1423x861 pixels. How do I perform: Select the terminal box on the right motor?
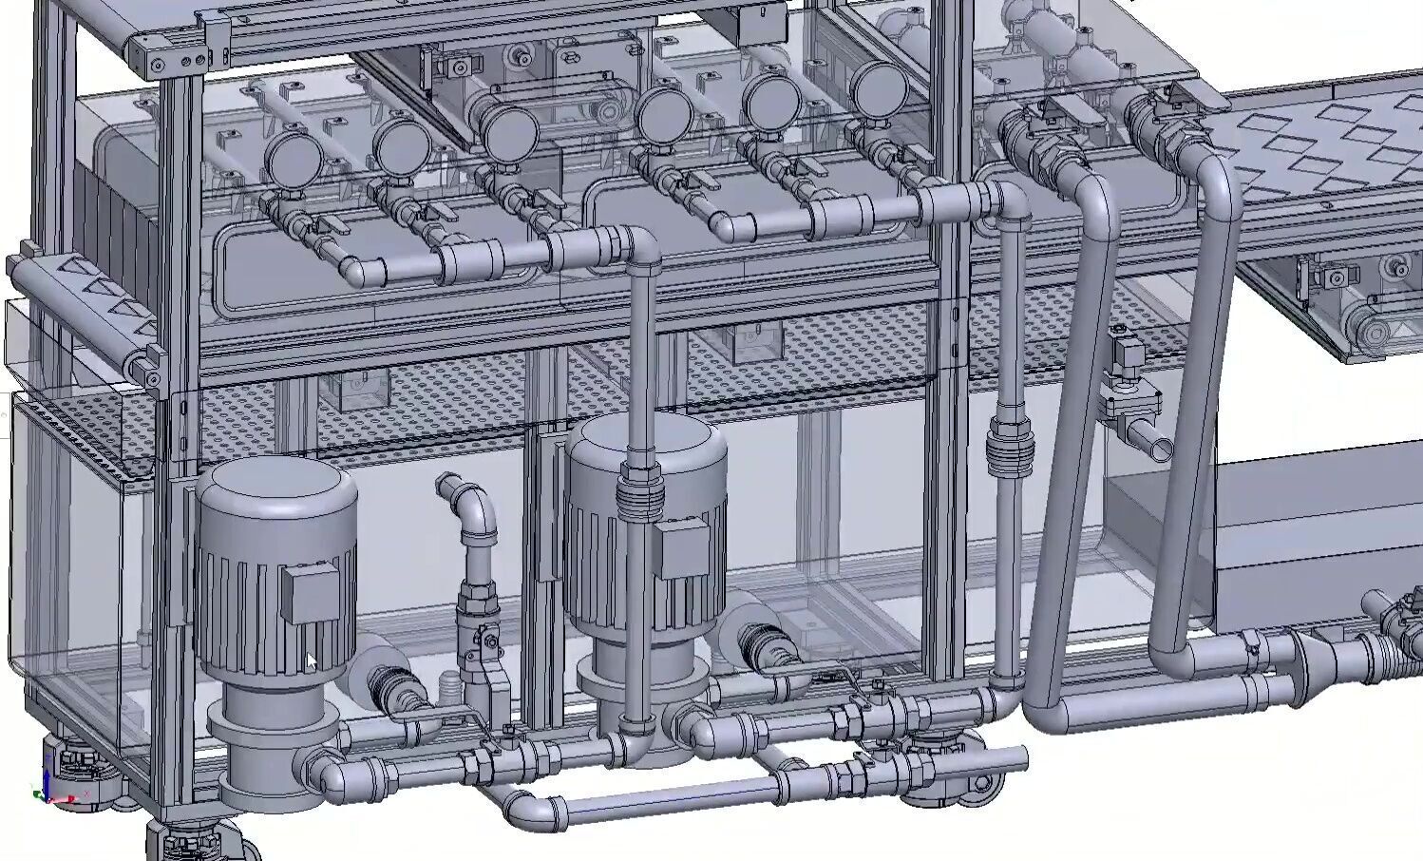point(682,551)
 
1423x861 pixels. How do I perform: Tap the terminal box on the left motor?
point(309,594)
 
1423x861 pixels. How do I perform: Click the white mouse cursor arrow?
point(310,661)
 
